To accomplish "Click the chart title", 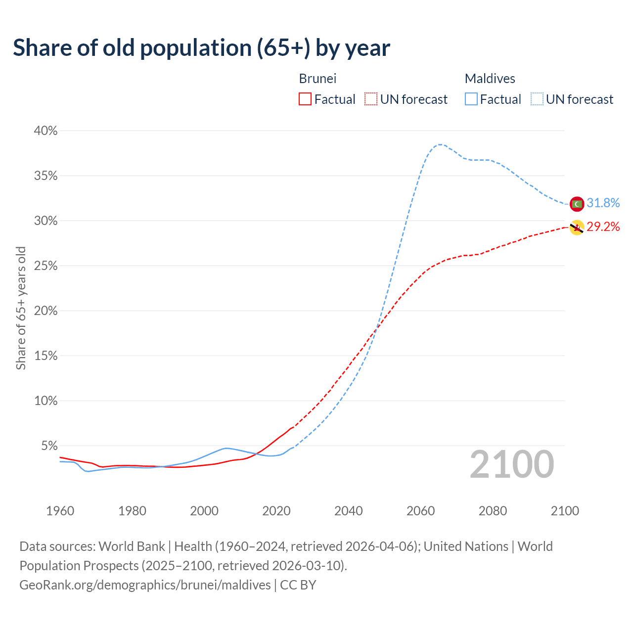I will tap(201, 48).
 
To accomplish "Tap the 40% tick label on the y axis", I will tap(46, 131).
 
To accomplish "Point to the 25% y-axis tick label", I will tap(46, 266).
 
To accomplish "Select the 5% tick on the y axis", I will tap(49, 446).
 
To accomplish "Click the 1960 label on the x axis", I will tap(60, 511).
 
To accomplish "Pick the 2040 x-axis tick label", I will tap(349, 511).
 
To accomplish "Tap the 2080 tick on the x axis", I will tap(493, 511).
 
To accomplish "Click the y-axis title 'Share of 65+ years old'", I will tap(21, 308).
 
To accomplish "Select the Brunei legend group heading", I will tap(317, 79).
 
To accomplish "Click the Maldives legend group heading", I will tap(490, 79).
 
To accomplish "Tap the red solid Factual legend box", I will tap(305, 99).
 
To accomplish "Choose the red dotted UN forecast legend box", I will tap(371, 99).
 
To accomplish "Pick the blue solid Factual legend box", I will tap(471, 99).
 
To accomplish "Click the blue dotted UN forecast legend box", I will tap(537, 99).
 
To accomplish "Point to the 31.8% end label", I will tap(603, 203).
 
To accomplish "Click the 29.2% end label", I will tap(603, 227).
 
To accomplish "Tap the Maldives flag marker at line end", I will tap(577, 204).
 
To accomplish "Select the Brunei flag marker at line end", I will tap(577, 227).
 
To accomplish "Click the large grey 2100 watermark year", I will tap(512, 464).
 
